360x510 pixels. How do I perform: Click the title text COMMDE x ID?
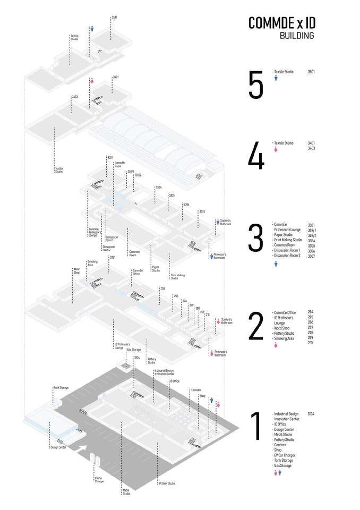[281, 23]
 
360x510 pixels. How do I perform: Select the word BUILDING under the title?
[296, 36]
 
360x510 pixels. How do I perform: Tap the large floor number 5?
[255, 85]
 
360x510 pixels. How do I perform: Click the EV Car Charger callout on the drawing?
[99, 480]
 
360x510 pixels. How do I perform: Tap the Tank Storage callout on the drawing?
[61, 388]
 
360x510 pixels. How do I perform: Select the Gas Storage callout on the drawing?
[134, 350]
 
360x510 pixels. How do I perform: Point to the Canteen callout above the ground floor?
[195, 390]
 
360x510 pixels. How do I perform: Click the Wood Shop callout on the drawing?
[76, 271]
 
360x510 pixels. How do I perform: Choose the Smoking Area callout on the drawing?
[92, 262]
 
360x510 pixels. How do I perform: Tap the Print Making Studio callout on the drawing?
[177, 277]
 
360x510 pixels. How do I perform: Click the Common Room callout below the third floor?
[132, 254]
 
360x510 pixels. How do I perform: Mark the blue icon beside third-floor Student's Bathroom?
[217, 222]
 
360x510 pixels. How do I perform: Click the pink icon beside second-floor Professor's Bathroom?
[211, 352]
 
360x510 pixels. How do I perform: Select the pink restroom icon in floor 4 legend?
[276, 150]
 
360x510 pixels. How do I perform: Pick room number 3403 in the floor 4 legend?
[311, 148]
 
